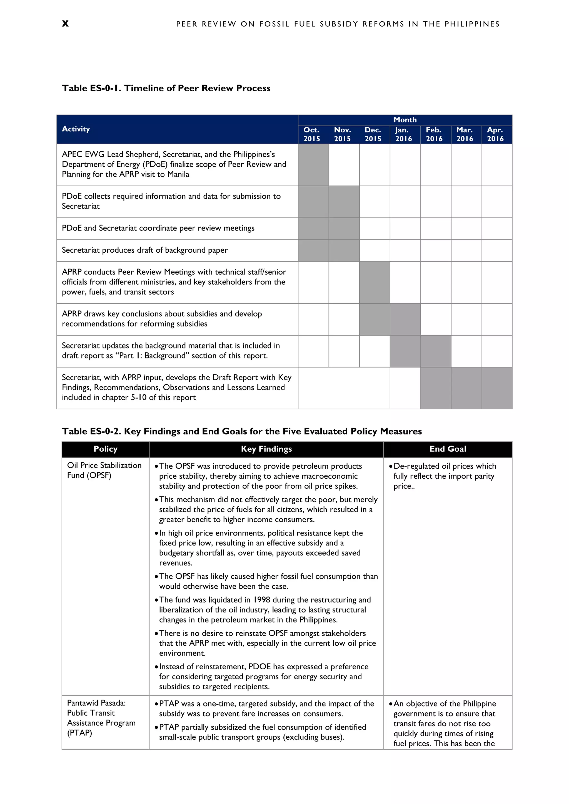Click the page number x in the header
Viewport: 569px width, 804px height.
65,24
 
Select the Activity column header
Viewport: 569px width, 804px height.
76,129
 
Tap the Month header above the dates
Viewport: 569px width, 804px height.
405,120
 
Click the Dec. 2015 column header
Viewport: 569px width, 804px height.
373,134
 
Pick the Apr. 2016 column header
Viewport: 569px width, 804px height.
495,134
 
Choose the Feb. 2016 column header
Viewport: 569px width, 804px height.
434,134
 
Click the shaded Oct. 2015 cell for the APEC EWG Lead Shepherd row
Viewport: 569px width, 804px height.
313,165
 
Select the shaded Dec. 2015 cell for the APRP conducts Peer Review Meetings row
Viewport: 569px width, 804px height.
375,282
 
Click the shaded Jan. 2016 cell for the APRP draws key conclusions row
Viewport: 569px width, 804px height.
405,319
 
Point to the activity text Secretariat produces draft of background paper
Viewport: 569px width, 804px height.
145,250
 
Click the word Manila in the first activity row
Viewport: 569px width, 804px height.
178,174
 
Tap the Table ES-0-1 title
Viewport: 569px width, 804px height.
166,88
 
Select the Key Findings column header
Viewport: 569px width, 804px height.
266,449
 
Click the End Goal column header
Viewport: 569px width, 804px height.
448,449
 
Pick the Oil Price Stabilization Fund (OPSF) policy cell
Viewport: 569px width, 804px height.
104,470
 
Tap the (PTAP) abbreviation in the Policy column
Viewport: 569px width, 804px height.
79,733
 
